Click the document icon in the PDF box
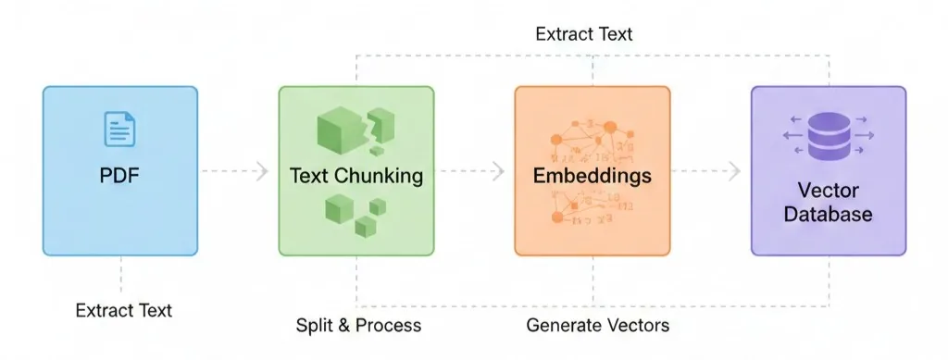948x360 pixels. [x=120, y=129]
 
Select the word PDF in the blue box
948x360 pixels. [x=120, y=175]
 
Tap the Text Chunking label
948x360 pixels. [x=356, y=175]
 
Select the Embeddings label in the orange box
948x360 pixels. [x=592, y=175]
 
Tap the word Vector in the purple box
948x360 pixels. [x=828, y=192]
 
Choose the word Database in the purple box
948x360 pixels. [x=828, y=215]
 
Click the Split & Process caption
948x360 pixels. [x=358, y=326]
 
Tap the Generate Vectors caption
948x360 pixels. [x=597, y=326]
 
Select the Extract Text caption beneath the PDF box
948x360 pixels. [x=123, y=310]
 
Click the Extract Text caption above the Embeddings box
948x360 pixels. [x=584, y=34]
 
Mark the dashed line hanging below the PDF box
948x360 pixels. [x=120, y=274]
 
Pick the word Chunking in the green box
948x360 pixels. [x=386, y=175]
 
